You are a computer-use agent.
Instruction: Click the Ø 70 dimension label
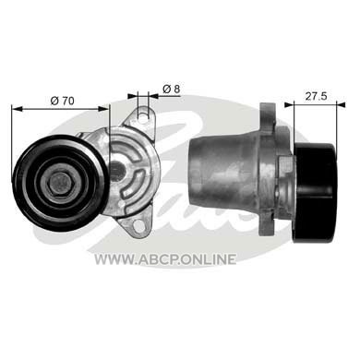tap(62, 101)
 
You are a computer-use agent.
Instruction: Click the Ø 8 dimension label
tap(171, 90)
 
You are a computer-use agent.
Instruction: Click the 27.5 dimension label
tap(316, 96)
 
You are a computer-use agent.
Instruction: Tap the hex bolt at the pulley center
tap(61, 185)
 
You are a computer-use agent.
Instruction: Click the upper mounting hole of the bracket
tap(143, 113)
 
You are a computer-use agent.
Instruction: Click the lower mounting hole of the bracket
tap(139, 226)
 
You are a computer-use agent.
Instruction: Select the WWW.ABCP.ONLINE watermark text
tap(165, 259)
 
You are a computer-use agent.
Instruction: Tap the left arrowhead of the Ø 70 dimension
tap(17, 108)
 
